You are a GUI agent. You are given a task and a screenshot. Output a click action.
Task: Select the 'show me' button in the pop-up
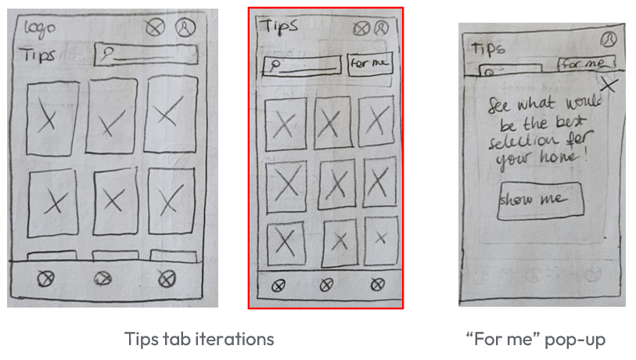coord(541,200)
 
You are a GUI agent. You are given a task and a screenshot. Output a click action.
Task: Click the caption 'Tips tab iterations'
coord(199,339)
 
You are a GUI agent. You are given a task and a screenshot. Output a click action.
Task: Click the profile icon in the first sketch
coord(185,28)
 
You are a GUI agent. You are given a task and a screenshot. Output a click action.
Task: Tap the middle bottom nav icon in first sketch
coord(102,278)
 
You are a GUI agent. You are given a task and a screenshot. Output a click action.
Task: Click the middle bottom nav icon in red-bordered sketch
coord(327,286)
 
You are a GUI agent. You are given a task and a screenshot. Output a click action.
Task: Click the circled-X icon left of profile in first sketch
coord(156,28)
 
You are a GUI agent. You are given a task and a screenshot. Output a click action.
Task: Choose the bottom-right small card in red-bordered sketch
coord(380,239)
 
